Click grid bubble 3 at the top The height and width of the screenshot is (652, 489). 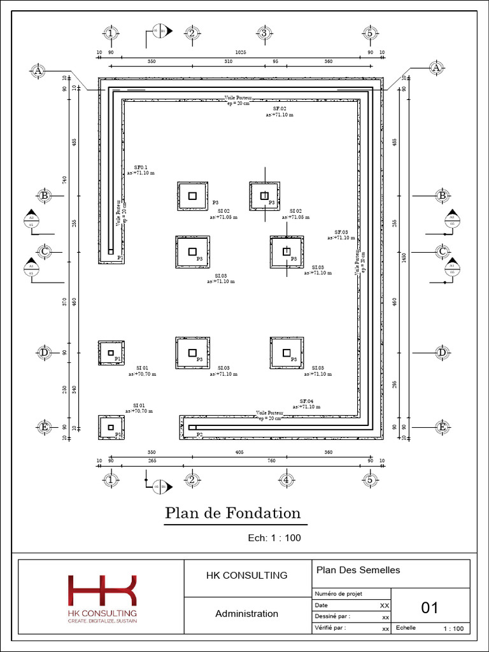click(x=264, y=33)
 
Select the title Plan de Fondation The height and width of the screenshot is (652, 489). click(x=232, y=513)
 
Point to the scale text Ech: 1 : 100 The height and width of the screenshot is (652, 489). click(x=274, y=538)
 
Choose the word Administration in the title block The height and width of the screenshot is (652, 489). click(x=246, y=614)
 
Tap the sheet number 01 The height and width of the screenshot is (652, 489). click(x=430, y=608)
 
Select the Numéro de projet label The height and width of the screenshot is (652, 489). click(x=338, y=593)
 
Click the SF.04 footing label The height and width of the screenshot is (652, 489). click(x=307, y=400)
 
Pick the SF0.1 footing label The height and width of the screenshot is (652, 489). click(x=140, y=167)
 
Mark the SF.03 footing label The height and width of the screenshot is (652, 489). click(x=341, y=232)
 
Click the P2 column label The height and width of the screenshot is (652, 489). click(x=199, y=434)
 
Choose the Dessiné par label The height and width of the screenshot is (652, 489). click(x=332, y=616)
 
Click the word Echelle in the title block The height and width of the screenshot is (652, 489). click(x=406, y=627)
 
